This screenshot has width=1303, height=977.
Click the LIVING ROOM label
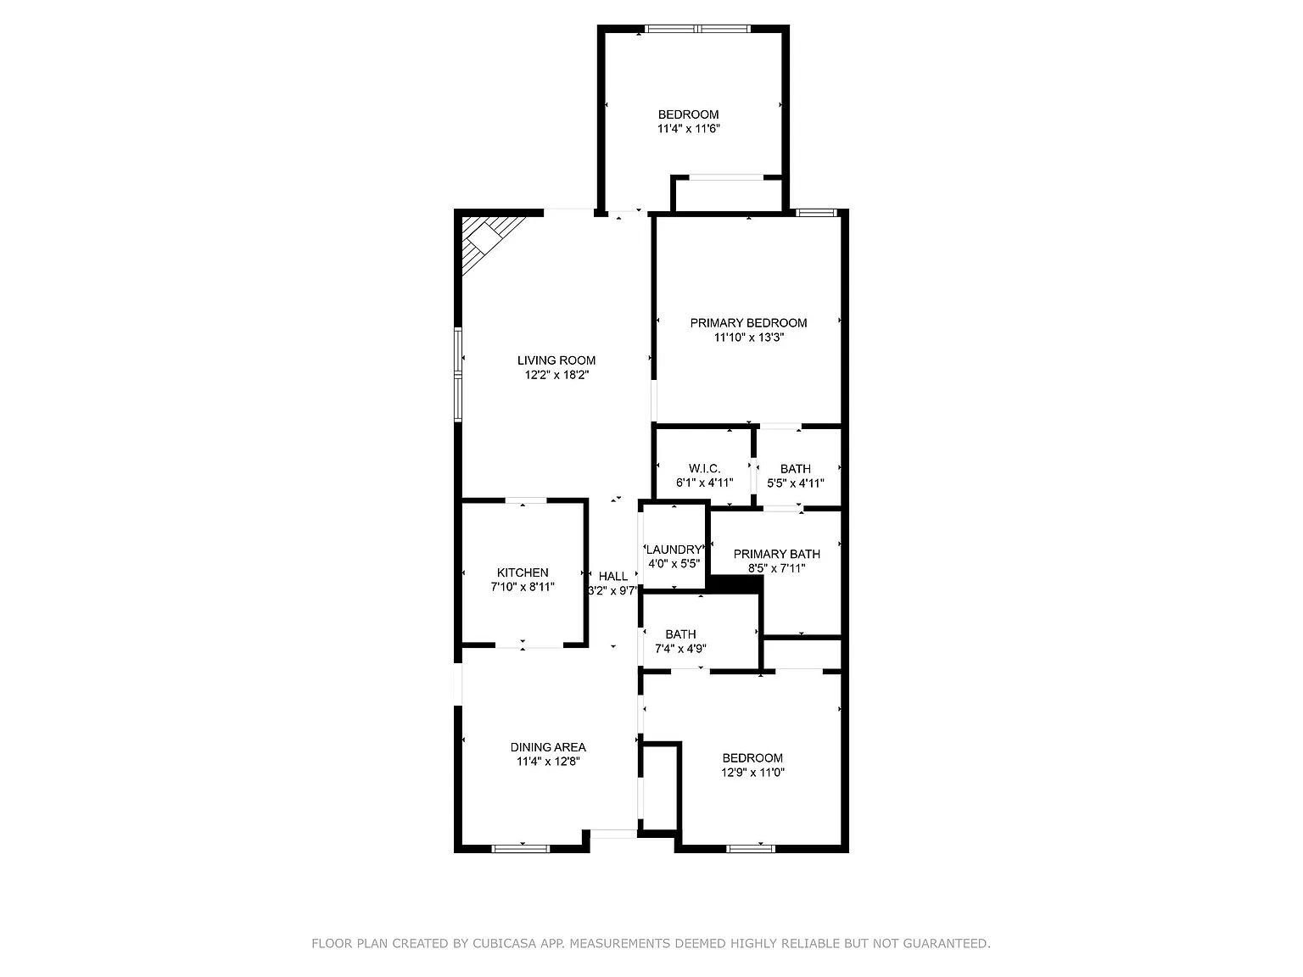[x=556, y=360]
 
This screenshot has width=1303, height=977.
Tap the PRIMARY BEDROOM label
[x=748, y=323]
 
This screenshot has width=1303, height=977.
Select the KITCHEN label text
[x=523, y=572]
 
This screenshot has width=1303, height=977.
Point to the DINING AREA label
[x=548, y=747]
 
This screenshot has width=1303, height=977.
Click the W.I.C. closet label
[x=704, y=469]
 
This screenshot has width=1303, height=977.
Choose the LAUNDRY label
[x=674, y=550]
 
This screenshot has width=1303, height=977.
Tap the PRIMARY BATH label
[x=776, y=554]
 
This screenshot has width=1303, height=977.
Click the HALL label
[x=612, y=576]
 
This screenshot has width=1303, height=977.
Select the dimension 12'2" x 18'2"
[x=556, y=375]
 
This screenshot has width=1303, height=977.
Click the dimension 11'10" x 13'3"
[x=748, y=338]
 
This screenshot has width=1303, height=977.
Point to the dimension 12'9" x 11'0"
[x=752, y=773]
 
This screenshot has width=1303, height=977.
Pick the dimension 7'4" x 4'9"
[x=680, y=649]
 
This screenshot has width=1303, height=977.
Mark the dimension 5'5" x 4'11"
[x=796, y=483]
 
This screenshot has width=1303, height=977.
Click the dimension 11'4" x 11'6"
[x=689, y=128]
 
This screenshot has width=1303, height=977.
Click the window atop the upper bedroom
[x=697, y=28]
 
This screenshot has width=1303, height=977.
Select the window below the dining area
[x=523, y=848]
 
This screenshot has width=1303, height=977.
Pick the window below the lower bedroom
[x=751, y=848]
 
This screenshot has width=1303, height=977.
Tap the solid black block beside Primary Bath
[x=736, y=584]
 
